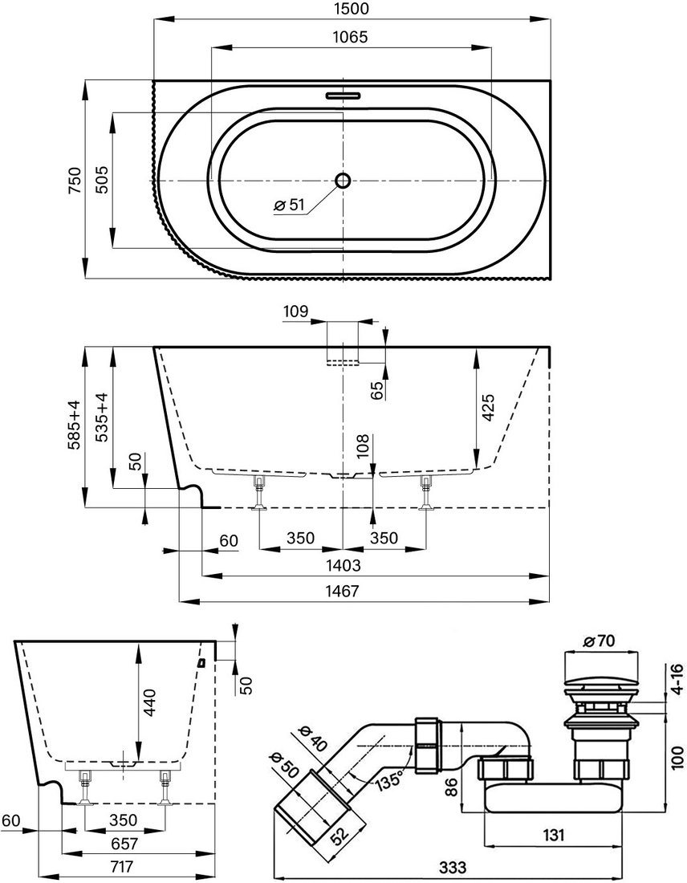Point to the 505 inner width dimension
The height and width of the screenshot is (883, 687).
(102, 178)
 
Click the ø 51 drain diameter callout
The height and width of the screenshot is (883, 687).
(289, 205)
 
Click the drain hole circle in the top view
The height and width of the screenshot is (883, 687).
(343, 180)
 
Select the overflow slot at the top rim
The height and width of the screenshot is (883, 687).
(343, 94)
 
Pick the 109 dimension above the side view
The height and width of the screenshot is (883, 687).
(296, 311)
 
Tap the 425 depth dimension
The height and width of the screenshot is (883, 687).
(488, 409)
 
